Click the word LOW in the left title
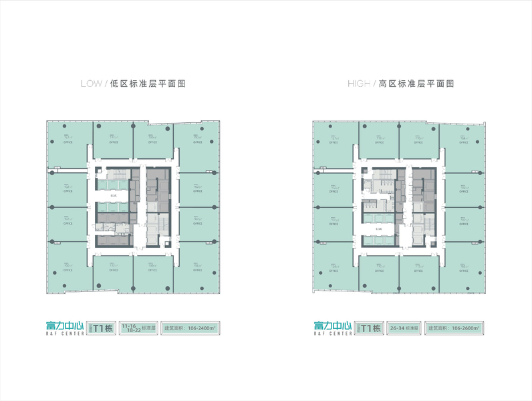90,84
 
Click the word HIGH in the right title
358,84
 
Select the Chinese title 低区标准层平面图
146,84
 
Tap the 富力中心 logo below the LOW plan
65,326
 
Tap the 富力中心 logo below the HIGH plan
332,326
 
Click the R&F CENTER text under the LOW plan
65,334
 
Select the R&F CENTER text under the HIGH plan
332,334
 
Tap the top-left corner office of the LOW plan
68,142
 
